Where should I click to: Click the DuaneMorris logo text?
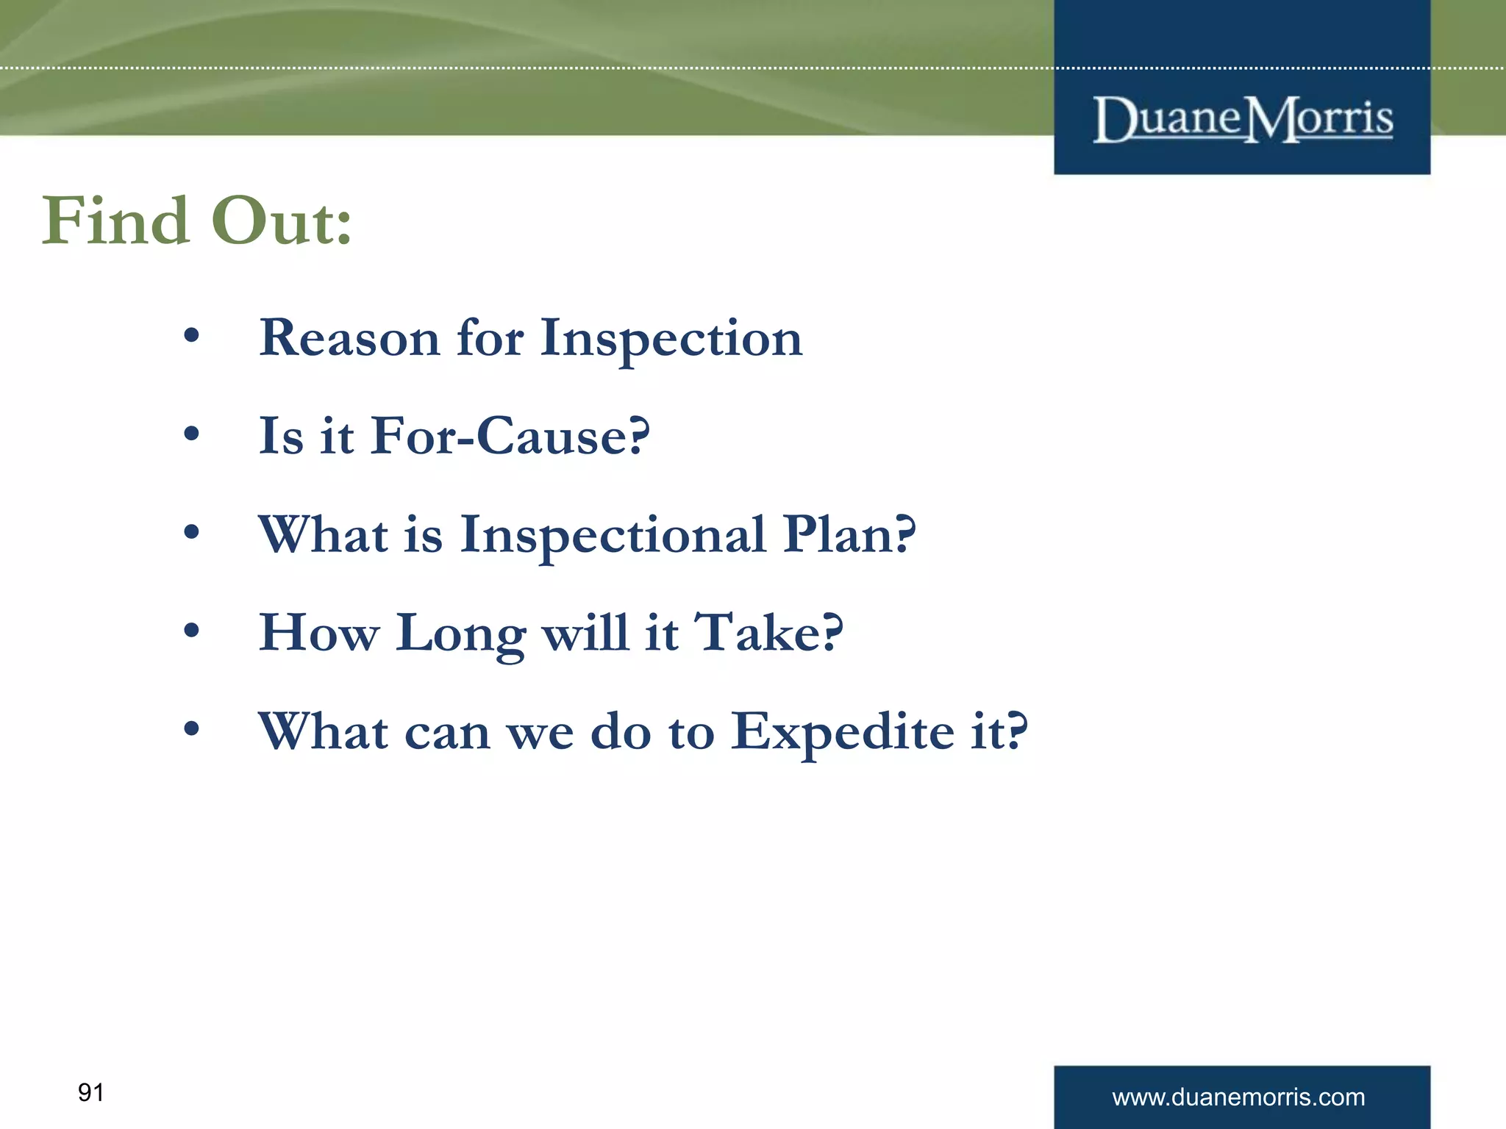(x=1243, y=119)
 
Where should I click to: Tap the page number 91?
(x=91, y=1092)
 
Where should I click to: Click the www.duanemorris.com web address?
(x=1238, y=1097)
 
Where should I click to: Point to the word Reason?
(x=349, y=338)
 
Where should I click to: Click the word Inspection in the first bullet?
(x=671, y=340)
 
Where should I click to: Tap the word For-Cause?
(x=510, y=436)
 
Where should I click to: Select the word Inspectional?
(x=613, y=535)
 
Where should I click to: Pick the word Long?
(x=460, y=634)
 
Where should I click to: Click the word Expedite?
(x=842, y=732)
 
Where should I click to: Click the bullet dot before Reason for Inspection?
(x=192, y=337)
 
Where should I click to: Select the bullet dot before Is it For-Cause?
(x=192, y=434)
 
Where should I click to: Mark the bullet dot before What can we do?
(x=192, y=729)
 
